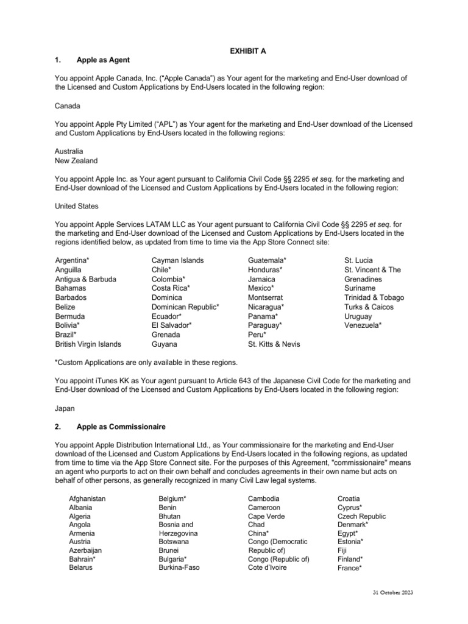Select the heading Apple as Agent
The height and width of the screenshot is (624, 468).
(x=103, y=60)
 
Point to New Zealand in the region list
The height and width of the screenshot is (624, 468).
(x=76, y=161)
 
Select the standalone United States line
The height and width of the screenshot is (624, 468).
(x=77, y=206)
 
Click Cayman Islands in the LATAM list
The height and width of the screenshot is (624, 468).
(x=177, y=260)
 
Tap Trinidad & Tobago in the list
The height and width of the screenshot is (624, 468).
(x=374, y=297)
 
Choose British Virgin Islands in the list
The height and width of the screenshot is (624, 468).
(x=88, y=344)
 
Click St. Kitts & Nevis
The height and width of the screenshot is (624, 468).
(x=274, y=344)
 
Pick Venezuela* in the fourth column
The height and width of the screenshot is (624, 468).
(x=363, y=325)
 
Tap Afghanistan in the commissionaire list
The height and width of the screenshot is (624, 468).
(x=87, y=498)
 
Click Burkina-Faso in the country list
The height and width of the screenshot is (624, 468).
(x=179, y=568)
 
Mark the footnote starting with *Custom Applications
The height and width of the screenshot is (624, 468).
(x=146, y=362)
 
